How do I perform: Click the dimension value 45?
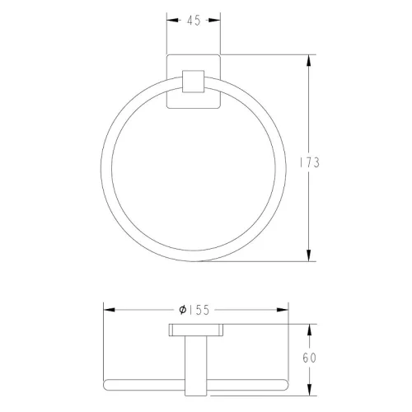tap(194, 21)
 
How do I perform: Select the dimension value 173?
tap(310, 162)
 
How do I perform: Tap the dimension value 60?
tap(310, 358)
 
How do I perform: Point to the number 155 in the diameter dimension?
tap(199, 310)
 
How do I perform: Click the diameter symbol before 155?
tap(183, 310)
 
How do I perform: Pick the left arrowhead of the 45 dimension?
tap(172, 20)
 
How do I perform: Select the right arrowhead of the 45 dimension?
tap(214, 20)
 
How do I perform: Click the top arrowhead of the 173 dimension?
tap(309, 60)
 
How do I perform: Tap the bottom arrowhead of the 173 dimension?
tap(309, 255)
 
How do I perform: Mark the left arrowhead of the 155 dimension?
tap(110, 310)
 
